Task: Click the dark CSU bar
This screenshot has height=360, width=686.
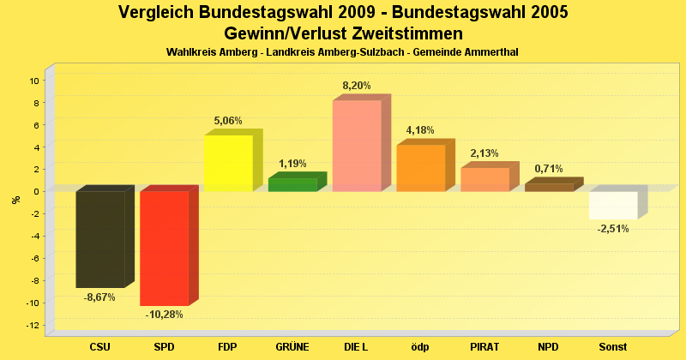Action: click(100, 239)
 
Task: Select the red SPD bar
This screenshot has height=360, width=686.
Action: click(164, 248)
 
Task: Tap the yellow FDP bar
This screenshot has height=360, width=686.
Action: click(228, 163)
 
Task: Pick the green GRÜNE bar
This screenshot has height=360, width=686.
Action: click(292, 184)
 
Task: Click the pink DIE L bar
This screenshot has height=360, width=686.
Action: click(356, 146)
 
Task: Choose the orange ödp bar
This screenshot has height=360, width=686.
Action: click(420, 168)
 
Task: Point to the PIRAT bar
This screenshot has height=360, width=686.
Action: click(484, 179)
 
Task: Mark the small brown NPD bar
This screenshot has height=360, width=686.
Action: click(549, 187)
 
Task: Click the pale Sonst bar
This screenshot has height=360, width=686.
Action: click(613, 205)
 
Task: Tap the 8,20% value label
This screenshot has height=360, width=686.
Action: click(357, 86)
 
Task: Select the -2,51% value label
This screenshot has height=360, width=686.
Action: click(612, 229)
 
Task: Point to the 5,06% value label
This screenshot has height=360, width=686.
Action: click(229, 121)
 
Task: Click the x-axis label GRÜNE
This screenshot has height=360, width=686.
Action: click(292, 347)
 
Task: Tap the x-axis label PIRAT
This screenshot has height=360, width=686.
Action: click(484, 347)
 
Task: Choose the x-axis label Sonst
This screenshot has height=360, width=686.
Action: click(612, 347)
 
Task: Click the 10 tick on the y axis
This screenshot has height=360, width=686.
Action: click(34, 81)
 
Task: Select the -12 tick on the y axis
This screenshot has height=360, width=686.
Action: click(33, 326)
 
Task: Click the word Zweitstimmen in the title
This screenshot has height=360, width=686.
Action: click(402, 33)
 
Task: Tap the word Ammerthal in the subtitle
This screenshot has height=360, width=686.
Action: click(492, 53)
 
